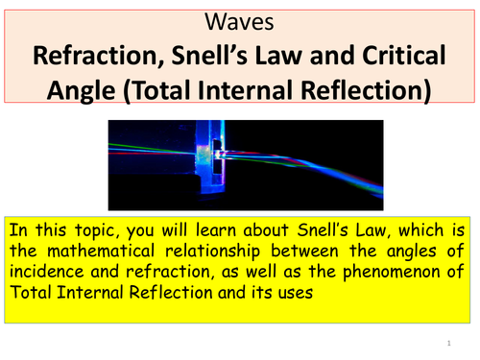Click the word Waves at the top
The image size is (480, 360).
(x=239, y=22)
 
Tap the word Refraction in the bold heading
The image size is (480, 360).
(x=99, y=56)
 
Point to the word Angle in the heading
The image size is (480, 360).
(x=82, y=91)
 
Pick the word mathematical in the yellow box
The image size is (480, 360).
(x=101, y=251)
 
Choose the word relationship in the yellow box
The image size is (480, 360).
(x=212, y=252)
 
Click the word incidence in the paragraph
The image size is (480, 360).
(x=46, y=272)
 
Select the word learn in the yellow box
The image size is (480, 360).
(x=216, y=230)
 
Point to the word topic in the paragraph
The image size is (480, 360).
(x=97, y=231)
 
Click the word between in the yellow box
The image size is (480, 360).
(x=304, y=251)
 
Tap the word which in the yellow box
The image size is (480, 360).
(x=420, y=230)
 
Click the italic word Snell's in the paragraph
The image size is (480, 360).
(x=323, y=230)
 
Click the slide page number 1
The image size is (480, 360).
(x=449, y=344)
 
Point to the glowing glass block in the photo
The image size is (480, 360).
(x=210, y=154)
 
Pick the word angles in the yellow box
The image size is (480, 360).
(x=411, y=252)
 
